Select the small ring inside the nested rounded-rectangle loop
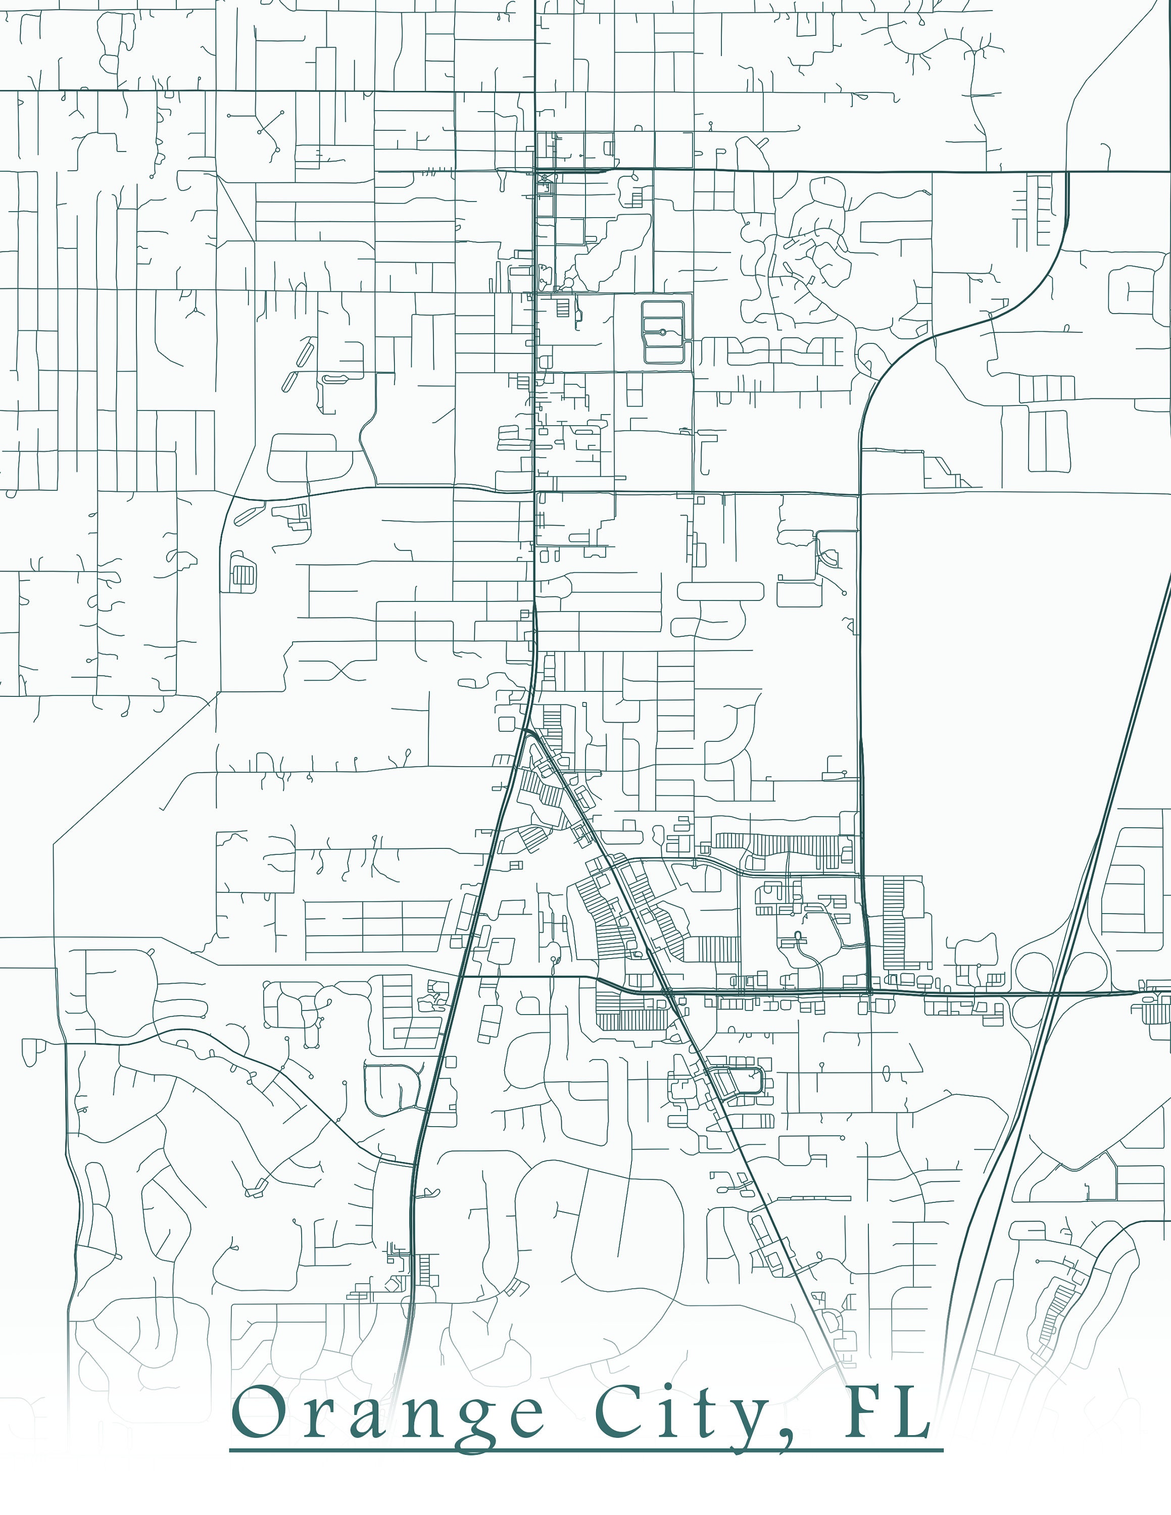[662, 332]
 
